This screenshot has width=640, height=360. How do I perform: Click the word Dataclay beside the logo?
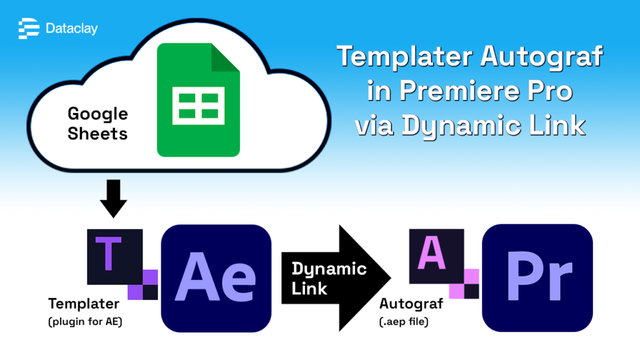click(71, 29)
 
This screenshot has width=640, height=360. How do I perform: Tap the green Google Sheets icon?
click(198, 99)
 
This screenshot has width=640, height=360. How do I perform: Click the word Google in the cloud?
click(97, 114)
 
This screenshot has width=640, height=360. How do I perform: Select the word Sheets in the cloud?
click(97, 133)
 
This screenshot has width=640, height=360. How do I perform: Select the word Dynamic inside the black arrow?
click(329, 269)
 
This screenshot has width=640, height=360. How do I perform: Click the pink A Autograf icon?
click(436, 256)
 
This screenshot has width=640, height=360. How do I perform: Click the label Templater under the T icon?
click(83, 304)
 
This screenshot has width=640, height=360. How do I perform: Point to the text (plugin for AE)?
click(86, 321)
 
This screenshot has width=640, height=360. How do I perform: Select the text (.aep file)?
click(409, 321)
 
